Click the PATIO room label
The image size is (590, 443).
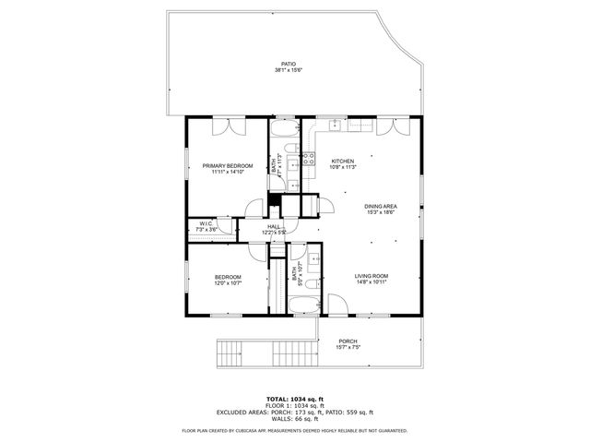click(289, 63)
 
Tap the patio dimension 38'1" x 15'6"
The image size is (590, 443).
click(289, 70)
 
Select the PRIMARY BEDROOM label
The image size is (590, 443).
click(227, 165)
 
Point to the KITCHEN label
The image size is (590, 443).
click(343, 161)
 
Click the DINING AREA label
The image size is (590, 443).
click(381, 206)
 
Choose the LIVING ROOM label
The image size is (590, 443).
click(372, 275)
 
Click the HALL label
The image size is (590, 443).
click(274, 226)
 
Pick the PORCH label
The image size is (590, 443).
click(348, 341)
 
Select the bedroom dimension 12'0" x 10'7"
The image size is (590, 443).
click(228, 283)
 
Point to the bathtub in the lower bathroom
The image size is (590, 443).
click(310, 305)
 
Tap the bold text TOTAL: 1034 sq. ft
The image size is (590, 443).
click(294, 398)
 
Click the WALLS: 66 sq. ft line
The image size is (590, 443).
click(294, 420)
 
